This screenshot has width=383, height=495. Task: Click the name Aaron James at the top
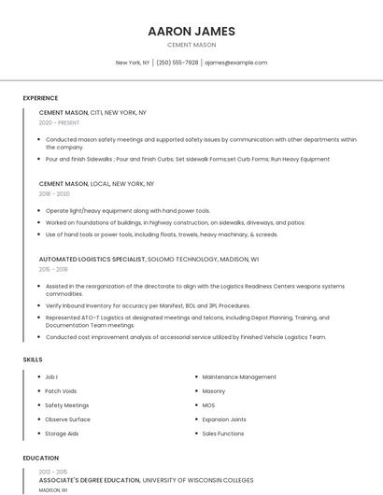coord(191,31)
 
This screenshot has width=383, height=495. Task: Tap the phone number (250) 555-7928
coord(177,63)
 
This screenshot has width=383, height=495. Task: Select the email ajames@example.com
coord(235,63)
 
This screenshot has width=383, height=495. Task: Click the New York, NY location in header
coord(133,63)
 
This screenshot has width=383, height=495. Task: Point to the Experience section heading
coord(40,98)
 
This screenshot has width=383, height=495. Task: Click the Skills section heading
coord(33,360)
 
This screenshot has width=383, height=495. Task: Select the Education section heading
coord(40,459)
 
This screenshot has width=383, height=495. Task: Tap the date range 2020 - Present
coord(59,122)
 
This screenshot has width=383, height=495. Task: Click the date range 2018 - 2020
coord(54,194)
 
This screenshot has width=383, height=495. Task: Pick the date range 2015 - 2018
coord(53,269)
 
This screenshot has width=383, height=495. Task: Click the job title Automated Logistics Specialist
coord(92,259)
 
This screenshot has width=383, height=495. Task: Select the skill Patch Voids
coord(61,391)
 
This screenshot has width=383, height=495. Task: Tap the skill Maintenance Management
coord(239,377)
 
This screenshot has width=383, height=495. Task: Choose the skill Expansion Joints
coord(224,419)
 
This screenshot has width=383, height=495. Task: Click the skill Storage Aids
coord(62,433)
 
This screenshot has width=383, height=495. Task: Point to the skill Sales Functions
coord(223,433)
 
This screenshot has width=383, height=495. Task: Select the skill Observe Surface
coord(67,419)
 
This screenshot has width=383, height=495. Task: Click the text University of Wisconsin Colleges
coord(198,480)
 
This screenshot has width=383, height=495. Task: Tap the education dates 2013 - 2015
coord(52,472)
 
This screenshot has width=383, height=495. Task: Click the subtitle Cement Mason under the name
coord(191,45)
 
